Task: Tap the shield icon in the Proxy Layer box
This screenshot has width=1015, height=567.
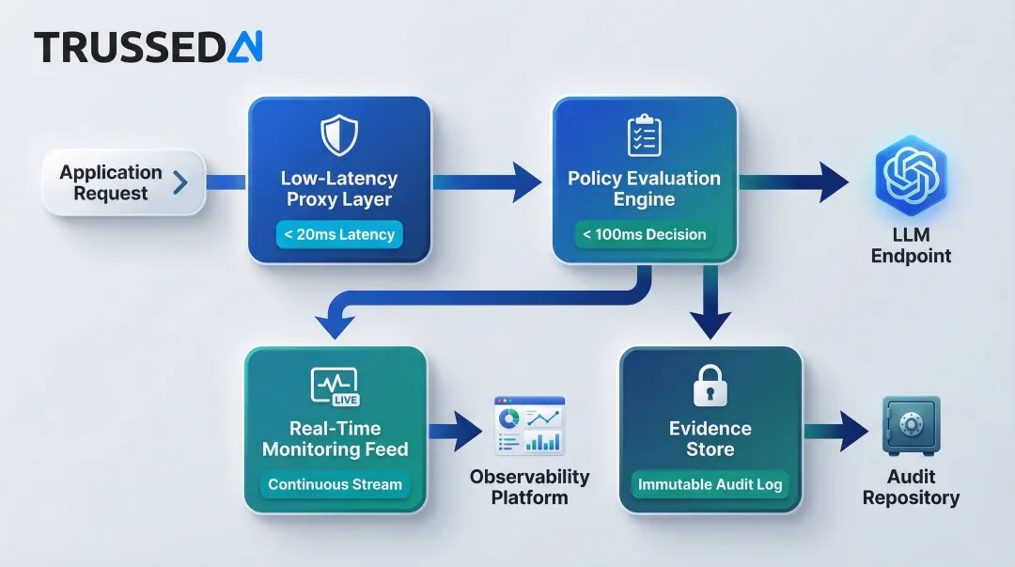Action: point(338,134)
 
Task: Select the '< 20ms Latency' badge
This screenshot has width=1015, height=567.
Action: point(339,235)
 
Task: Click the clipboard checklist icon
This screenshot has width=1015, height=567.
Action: point(644,134)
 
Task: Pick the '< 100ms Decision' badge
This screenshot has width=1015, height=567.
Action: point(644,235)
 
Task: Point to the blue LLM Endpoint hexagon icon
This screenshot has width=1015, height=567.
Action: point(910,176)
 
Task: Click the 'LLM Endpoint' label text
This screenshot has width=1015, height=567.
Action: point(910,244)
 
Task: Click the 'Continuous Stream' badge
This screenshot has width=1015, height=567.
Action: point(335,485)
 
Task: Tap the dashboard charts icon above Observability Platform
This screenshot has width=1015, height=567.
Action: point(529,426)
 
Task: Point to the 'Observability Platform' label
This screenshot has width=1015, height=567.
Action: point(529,486)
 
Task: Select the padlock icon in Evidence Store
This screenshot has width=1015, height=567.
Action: point(710,386)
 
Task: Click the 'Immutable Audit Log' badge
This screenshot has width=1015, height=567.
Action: point(710,485)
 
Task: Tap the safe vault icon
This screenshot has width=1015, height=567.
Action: point(911,425)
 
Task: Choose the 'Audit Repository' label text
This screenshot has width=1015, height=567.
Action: point(911,487)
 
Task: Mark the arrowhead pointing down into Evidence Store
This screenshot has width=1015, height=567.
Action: point(710,324)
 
